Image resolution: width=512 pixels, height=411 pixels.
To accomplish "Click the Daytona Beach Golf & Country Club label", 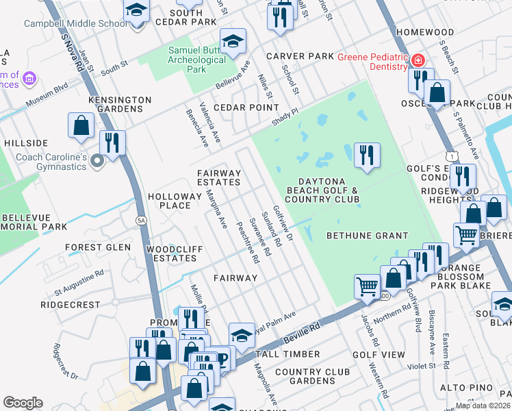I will [322, 189].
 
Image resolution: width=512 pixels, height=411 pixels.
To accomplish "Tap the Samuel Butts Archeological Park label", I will [197, 60].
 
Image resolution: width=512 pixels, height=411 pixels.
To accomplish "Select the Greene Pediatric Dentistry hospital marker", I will [418, 62].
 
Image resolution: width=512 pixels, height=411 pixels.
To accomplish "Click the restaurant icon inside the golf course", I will [367, 154].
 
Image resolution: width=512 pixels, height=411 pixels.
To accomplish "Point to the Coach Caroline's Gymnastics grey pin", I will [97, 161].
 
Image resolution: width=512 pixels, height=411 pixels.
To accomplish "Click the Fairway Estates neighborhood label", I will [219, 177].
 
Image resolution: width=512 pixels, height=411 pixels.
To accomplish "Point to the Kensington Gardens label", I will [120, 104].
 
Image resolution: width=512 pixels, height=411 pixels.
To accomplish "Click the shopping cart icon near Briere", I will [466, 235].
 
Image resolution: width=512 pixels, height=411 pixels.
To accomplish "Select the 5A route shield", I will [141, 220].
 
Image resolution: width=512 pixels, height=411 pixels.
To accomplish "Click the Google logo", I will [23, 402].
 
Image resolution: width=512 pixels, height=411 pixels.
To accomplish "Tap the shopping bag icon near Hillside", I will [81, 126].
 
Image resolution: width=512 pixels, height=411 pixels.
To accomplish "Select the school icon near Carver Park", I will [233, 41].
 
